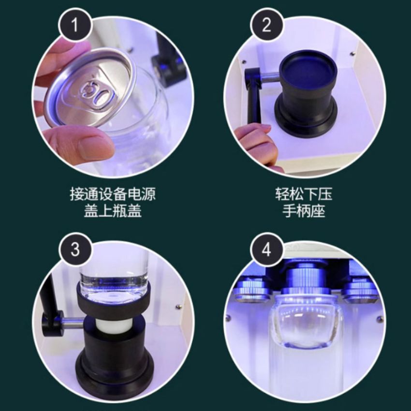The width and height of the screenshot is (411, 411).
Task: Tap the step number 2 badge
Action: (x=266, y=25)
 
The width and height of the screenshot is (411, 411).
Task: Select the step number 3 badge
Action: (x=75, y=250)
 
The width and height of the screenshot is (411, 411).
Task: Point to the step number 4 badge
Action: (x=266, y=250)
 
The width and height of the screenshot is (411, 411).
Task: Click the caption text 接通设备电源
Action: (x=113, y=195)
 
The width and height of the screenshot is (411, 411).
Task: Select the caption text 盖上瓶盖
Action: (x=113, y=211)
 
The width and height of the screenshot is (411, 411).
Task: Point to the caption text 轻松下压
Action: (x=303, y=195)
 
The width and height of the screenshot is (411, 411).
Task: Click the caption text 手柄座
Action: (x=303, y=211)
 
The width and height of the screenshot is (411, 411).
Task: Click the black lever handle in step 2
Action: (x=252, y=97)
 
